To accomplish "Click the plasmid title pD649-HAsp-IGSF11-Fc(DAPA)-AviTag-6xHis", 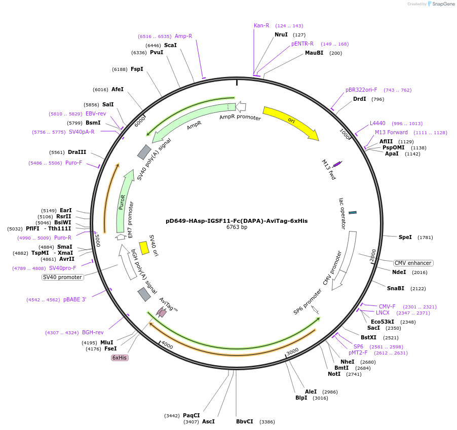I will (237, 221).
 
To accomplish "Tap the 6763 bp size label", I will (237, 227).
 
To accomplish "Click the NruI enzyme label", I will (281, 35).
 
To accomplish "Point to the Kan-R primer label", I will (261, 25).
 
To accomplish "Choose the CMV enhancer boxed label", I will (413, 263).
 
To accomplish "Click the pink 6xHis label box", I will (120, 358).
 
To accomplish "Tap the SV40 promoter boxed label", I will (62, 277).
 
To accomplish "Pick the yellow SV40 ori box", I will (144, 248).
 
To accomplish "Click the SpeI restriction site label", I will (405, 237).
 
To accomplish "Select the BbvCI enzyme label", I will (245, 421).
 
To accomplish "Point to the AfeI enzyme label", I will (118, 89).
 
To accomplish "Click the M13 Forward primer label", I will (391, 133).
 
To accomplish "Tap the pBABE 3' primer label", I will (75, 299).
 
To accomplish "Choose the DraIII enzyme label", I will (77, 152).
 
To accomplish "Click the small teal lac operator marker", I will (353, 212).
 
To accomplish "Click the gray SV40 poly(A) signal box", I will (144, 152).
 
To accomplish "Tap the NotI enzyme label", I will (334, 374).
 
